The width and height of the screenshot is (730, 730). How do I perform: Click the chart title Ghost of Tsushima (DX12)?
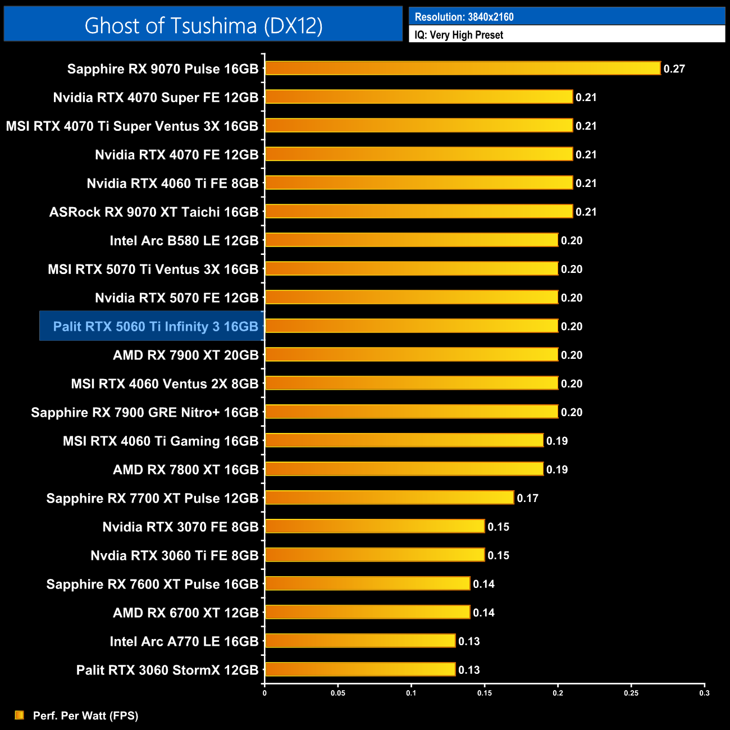pyautogui.click(x=203, y=25)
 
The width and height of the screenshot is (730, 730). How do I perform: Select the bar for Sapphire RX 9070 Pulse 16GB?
pyautogui.click(x=462, y=69)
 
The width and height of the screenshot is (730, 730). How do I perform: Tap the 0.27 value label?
pyautogui.click(x=674, y=69)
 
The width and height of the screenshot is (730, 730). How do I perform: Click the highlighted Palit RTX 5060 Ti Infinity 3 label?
pyautogui.click(x=156, y=326)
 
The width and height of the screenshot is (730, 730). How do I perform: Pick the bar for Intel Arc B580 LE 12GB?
pyautogui.click(x=411, y=240)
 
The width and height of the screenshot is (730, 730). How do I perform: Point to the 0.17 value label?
pyautogui.click(x=527, y=498)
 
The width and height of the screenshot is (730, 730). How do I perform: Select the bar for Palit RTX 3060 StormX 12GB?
pyautogui.click(x=359, y=669)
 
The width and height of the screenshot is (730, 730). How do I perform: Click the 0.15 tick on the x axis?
pyautogui.click(x=485, y=693)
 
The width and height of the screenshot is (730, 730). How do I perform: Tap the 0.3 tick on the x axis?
pyautogui.click(x=704, y=693)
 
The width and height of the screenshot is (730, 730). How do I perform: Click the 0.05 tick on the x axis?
pyautogui.click(x=338, y=693)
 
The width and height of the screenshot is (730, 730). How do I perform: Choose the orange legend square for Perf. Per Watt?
pyautogui.click(x=20, y=715)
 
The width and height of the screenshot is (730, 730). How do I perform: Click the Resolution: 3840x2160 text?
pyautogui.click(x=464, y=17)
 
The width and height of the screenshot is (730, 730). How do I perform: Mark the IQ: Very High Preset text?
pyautogui.click(x=459, y=35)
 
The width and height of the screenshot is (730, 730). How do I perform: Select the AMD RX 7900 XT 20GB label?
pyautogui.click(x=185, y=355)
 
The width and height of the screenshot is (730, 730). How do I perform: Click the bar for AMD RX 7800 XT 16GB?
pyautogui.click(x=404, y=469)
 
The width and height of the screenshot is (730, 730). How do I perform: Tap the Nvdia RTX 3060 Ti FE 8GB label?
pyautogui.click(x=174, y=555)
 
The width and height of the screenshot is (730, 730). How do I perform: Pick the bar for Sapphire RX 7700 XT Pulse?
pyautogui.click(x=389, y=498)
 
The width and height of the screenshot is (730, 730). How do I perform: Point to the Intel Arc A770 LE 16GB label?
pyautogui.click(x=184, y=641)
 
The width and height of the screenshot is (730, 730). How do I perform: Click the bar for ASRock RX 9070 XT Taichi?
pyautogui.click(x=418, y=212)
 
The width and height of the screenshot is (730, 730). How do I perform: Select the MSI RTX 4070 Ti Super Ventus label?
pyautogui.click(x=132, y=126)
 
